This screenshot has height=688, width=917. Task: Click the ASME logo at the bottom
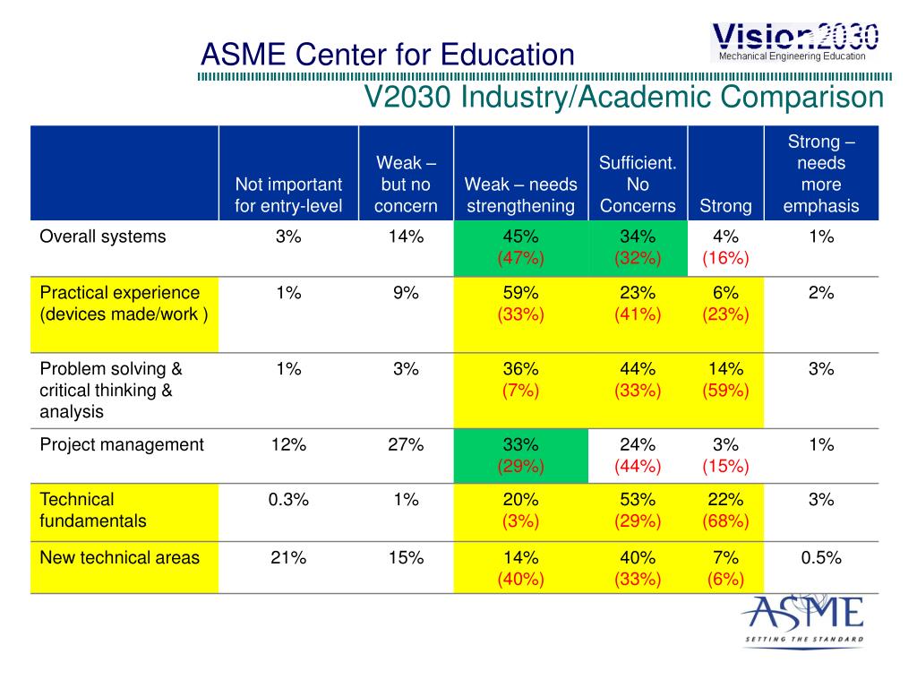coord(802,620)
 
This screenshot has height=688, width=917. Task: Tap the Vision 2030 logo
coord(795,41)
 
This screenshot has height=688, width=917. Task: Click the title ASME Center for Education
coord(387,55)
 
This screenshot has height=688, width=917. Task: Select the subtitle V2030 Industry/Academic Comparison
coord(623,97)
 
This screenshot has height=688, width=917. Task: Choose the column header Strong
coord(725,206)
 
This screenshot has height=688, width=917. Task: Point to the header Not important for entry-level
coord(288,195)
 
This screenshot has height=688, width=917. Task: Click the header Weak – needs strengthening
coord(520,195)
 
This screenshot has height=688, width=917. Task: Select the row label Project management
coord(122,444)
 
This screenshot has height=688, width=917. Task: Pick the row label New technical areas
coord(119,557)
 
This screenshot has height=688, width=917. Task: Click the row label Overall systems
coord(103,236)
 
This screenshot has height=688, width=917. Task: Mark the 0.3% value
coord(288,500)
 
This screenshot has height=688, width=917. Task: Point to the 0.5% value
coord(821,557)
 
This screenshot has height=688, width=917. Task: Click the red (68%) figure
coord(725,521)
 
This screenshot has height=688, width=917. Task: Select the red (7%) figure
coord(521,391)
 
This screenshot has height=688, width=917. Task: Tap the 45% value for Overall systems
coord(521,236)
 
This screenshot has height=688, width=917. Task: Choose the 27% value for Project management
coord(406,444)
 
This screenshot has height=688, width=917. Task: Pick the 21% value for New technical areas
coord(288,557)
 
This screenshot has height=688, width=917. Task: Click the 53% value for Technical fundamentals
coord(638,500)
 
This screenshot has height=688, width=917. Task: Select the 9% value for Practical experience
coord(406,292)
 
